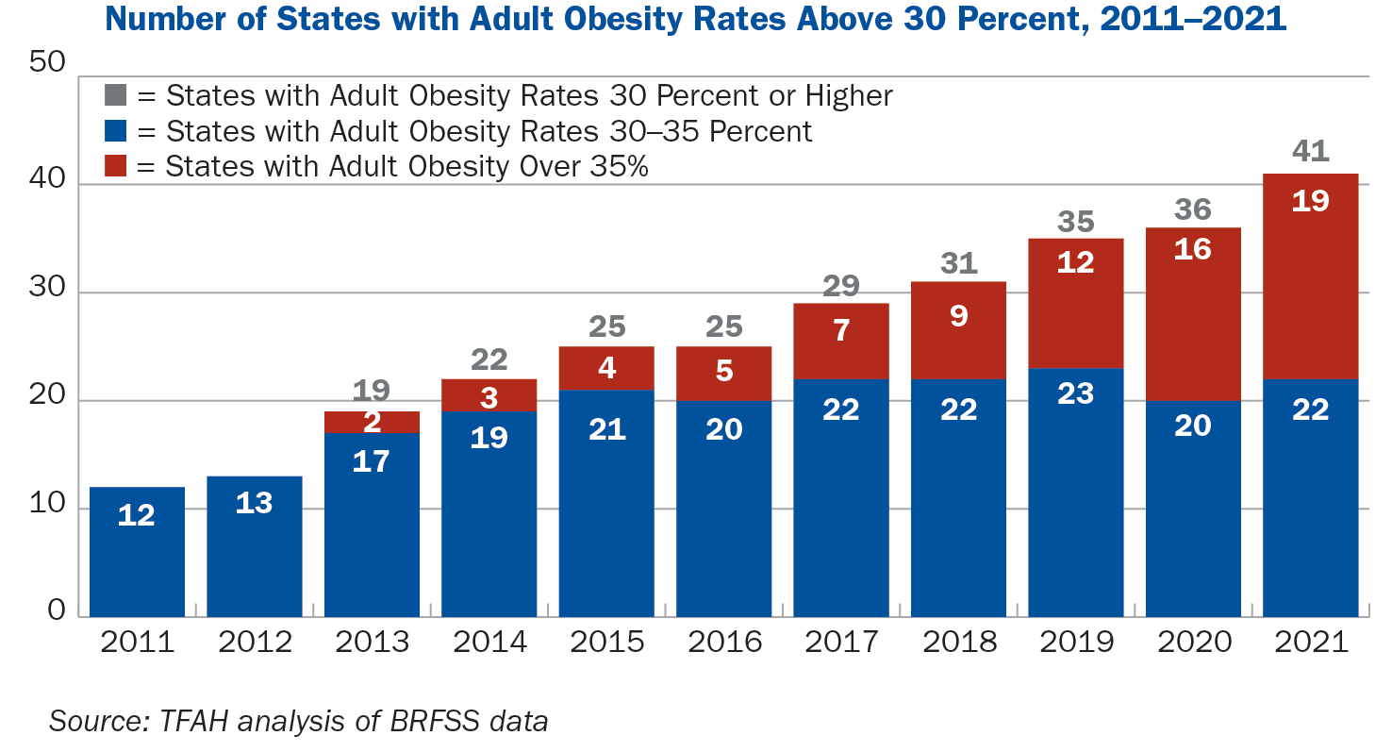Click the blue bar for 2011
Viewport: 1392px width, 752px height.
point(137,552)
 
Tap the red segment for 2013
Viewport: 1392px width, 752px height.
point(372,422)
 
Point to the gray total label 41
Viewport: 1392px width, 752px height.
point(1310,151)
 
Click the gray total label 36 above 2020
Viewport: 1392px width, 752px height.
point(1193,209)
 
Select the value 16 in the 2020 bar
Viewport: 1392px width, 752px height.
point(1193,249)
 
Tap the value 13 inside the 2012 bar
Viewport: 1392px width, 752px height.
point(254,503)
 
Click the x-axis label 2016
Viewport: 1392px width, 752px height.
point(723,643)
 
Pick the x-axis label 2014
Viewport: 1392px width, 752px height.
point(489,643)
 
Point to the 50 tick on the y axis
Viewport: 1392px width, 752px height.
point(47,64)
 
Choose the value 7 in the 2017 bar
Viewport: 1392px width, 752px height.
point(840,331)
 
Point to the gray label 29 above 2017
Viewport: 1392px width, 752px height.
point(840,286)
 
